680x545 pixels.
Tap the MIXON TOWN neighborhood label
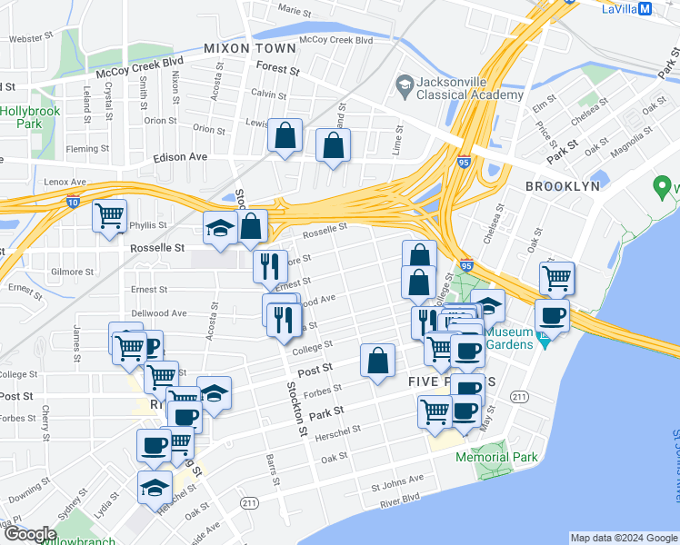[250, 48]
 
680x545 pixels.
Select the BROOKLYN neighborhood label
[563, 185]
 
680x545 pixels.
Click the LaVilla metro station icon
[645, 9]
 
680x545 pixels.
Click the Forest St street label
[278, 69]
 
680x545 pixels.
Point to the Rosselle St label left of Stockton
[157, 247]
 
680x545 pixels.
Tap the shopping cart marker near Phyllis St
[109, 216]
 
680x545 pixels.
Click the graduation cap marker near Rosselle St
[220, 229]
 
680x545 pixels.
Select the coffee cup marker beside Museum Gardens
[552, 316]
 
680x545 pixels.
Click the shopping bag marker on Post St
[377, 361]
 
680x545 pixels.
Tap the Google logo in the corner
[30, 534]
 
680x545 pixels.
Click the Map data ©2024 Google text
[623, 538]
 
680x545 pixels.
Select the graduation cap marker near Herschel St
[155, 487]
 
